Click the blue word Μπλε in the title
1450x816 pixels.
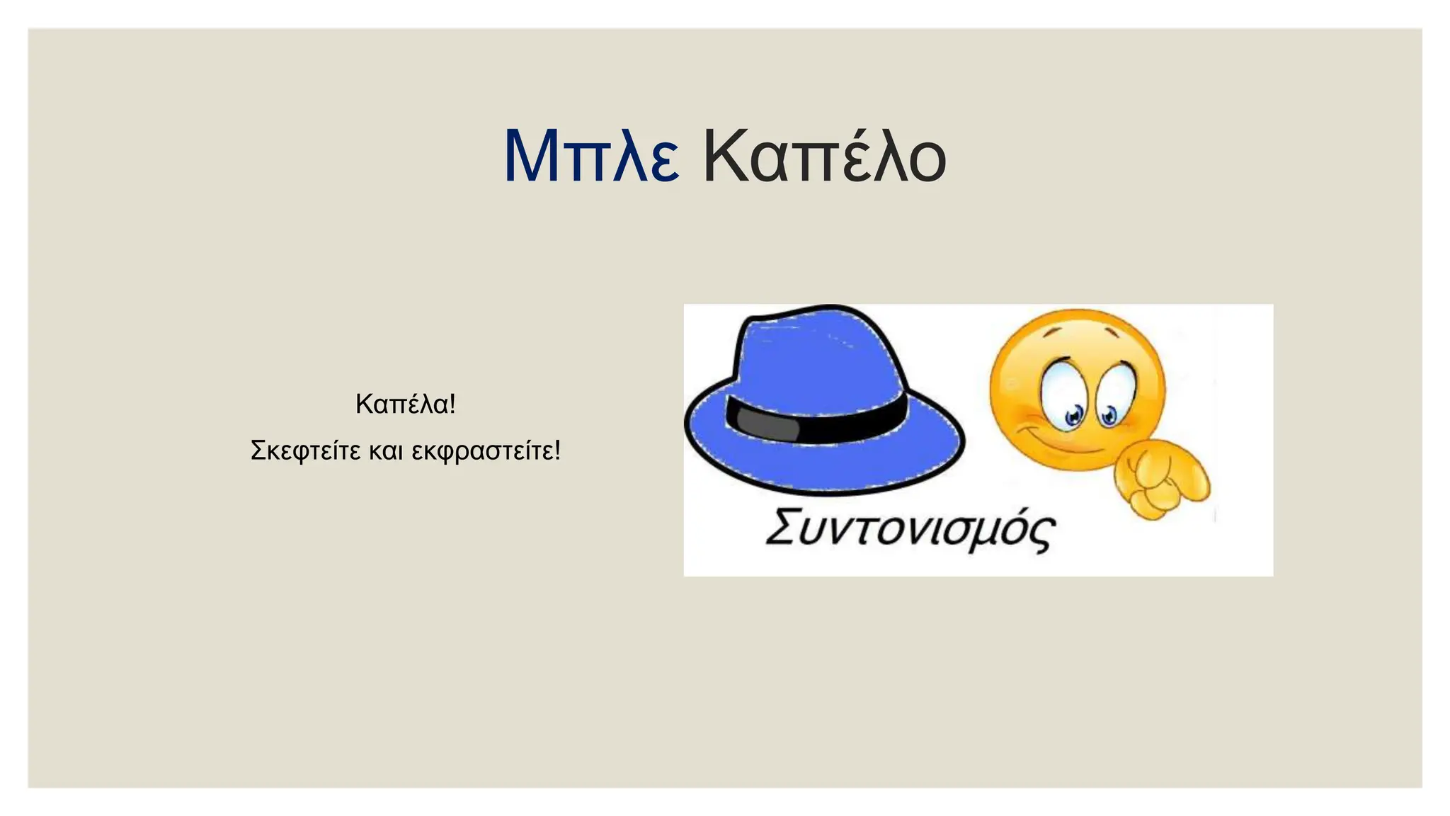coord(591,157)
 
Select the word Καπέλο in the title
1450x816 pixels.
coord(824,157)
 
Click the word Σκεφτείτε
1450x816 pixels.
coord(306,450)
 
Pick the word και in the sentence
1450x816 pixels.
coord(386,451)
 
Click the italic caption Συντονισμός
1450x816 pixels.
coord(910,529)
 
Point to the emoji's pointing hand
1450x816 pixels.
coord(1161,478)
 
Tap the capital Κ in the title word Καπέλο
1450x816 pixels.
coord(722,157)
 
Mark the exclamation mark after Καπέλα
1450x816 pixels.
coord(452,404)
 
